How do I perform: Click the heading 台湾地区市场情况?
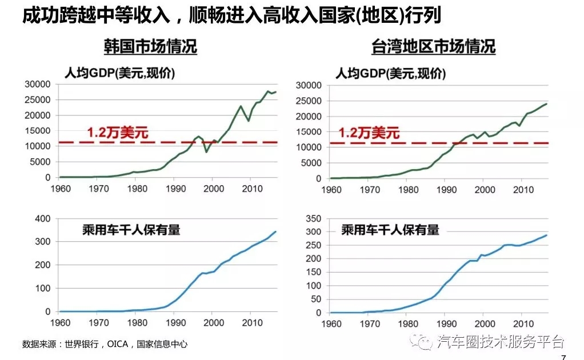(433, 46)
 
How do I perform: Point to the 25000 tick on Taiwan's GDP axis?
(312, 101)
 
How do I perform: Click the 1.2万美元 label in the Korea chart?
(118, 133)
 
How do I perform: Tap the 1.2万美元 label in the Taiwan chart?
(369, 133)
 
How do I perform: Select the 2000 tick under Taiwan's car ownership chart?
(484, 323)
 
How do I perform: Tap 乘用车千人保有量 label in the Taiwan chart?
(390, 230)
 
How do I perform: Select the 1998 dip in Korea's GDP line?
(206, 151)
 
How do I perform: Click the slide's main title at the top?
(231, 15)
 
